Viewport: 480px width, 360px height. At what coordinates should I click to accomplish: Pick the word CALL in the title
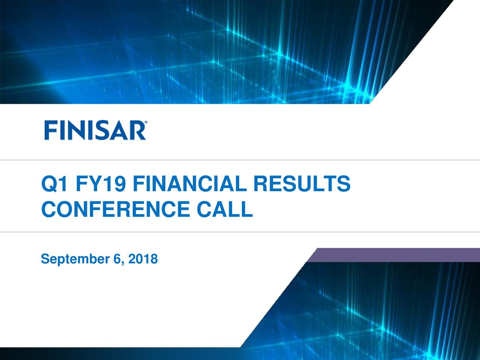pyautogui.click(x=224, y=209)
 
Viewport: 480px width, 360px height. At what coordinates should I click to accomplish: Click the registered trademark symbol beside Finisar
pyautogui.click(x=145, y=122)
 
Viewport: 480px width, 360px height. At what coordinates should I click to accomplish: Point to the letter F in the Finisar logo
pyautogui.click(x=51, y=130)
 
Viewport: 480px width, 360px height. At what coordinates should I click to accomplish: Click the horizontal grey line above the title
pyautogui.click(x=240, y=160)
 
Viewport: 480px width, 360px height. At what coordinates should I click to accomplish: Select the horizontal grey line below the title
pyautogui.click(x=240, y=232)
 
